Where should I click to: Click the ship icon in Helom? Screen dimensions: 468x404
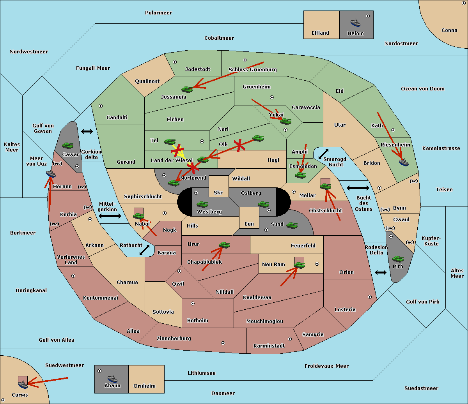click(x=355, y=23)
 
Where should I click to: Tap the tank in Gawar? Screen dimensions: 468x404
click(x=68, y=145)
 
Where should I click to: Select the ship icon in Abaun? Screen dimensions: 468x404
click(x=113, y=379)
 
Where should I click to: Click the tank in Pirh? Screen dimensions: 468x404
click(x=398, y=259)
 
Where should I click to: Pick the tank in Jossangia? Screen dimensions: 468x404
click(x=187, y=89)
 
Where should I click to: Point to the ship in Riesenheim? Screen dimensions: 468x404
click(x=404, y=162)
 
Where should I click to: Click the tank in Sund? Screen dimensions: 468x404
click(x=292, y=225)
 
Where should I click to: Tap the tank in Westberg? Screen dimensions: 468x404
click(x=202, y=204)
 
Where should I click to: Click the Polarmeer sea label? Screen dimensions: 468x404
click(x=158, y=13)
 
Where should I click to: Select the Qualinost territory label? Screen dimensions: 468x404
click(x=147, y=81)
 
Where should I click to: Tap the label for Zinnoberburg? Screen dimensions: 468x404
click(x=174, y=339)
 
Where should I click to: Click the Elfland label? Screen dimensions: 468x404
click(x=320, y=33)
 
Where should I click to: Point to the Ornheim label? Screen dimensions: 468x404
click(x=144, y=386)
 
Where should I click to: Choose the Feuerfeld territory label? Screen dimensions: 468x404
click(x=303, y=246)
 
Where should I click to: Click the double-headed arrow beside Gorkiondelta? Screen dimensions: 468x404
click(x=87, y=131)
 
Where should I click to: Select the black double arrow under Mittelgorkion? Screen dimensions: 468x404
click(x=110, y=216)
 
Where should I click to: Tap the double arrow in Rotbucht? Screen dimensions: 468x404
click(x=144, y=250)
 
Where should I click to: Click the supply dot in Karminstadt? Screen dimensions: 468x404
click(x=290, y=339)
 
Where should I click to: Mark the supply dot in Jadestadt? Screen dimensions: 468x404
click(x=175, y=62)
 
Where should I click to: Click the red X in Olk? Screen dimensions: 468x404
click(x=239, y=145)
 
